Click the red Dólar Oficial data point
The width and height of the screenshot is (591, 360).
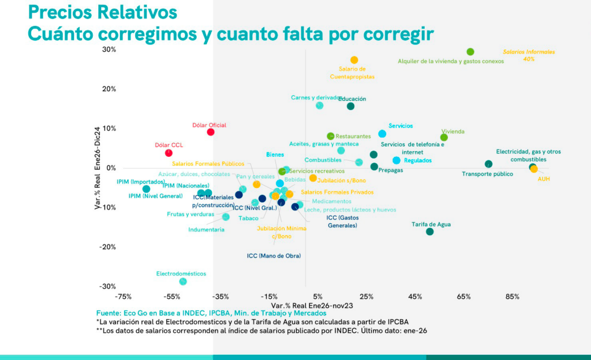click(x=211, y=132)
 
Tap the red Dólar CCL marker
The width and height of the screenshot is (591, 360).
click(x=169, y=153)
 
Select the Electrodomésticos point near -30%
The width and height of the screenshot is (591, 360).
click(x=183, y=282)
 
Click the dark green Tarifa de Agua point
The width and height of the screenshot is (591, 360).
click(x=429, y=231)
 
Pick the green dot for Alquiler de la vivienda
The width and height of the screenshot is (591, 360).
click(x=470, y=52)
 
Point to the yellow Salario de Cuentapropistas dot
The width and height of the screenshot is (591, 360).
click(x=354, y=60)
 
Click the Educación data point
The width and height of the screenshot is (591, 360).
click(x=350, y=106)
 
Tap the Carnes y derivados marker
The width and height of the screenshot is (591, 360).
click(x=320, y=106)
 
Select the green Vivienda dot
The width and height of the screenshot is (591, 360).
click(x=444, y=137)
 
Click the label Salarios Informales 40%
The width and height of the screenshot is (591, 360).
click(x=529, y=55)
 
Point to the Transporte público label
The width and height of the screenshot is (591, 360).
click(x=488, y=174)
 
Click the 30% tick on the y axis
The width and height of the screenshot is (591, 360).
click(x=109, y=50)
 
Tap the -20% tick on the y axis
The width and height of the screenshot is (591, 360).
click(x=107, y=247)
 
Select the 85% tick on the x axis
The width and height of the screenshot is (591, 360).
click(x=513, y=297)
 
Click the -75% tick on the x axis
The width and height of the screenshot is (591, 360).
click(x=124, y=297)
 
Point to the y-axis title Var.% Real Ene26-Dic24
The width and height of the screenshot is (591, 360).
click(x=98, y=168)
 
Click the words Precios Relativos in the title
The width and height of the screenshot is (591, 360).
click(x=102, y=12)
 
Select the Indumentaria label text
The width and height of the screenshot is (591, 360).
click(x=206, y=230)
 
